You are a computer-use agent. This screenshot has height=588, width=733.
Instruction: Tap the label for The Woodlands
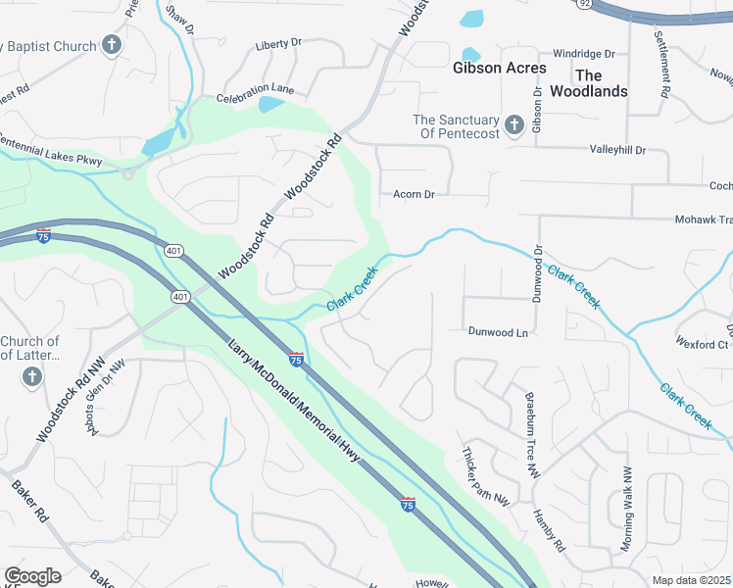click(601, 83)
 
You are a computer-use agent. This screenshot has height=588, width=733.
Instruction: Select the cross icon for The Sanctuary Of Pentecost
click(514, 124)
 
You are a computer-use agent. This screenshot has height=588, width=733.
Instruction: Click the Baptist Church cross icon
click(112, 45)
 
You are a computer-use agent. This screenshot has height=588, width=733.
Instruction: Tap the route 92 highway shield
click(585, 4)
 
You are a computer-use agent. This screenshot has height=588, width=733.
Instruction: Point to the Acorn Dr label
click(414, 195)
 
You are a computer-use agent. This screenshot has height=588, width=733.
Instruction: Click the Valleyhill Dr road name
click(617, 150)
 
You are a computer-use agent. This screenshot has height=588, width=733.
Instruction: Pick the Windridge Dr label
click(583, 54)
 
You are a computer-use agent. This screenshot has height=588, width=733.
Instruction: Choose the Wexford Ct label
click(702, 344)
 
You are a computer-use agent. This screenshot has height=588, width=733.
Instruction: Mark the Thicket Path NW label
click(487, 477)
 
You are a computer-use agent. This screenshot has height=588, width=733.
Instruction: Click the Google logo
click(32, 576)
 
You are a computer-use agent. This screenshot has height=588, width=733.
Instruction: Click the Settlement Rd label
click(661, 62)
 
